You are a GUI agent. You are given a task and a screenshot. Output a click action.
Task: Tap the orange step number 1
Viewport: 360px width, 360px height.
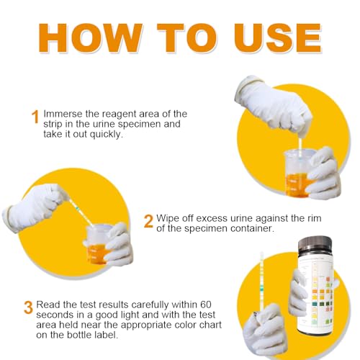(x=35, y=117)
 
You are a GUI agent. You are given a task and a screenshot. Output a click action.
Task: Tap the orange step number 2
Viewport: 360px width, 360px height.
(x=148, y=220)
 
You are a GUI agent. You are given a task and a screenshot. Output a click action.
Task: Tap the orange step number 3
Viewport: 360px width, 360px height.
(x=28, y=307)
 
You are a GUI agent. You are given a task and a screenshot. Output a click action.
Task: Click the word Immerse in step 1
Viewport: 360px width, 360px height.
(x=64, y=114)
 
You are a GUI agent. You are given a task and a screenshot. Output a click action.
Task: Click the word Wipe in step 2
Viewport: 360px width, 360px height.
(x=168, y=217)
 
